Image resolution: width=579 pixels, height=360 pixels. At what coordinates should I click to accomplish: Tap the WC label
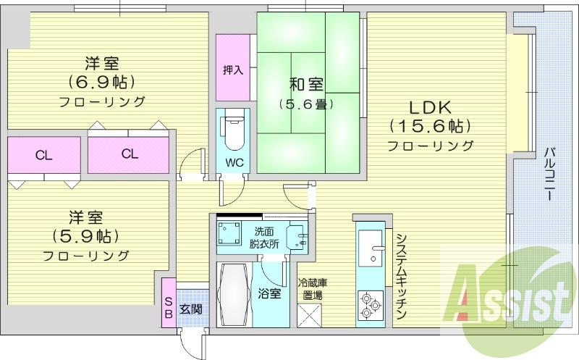[x=233, y=162]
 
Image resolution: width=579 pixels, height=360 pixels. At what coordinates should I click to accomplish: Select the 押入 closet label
[x=232, y=71]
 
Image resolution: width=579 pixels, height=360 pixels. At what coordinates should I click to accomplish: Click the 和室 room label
[x=306, y=84]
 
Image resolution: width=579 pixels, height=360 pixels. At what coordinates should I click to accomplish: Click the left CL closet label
[x=43, y=154]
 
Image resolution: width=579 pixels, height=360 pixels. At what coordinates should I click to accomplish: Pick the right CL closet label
[x=130, y=154]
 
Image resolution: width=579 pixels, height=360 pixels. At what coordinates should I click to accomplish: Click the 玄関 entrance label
[x=190, y=309]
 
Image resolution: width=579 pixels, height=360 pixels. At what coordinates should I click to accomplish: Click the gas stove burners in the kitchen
[x=371, y=304]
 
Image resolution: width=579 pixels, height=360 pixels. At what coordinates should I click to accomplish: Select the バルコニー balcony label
[x=549, y=174]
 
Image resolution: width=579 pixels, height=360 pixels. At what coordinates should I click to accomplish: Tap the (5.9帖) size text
[x=85, y=235]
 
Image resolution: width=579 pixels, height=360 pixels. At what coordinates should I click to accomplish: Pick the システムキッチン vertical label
[x=401, y=275]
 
